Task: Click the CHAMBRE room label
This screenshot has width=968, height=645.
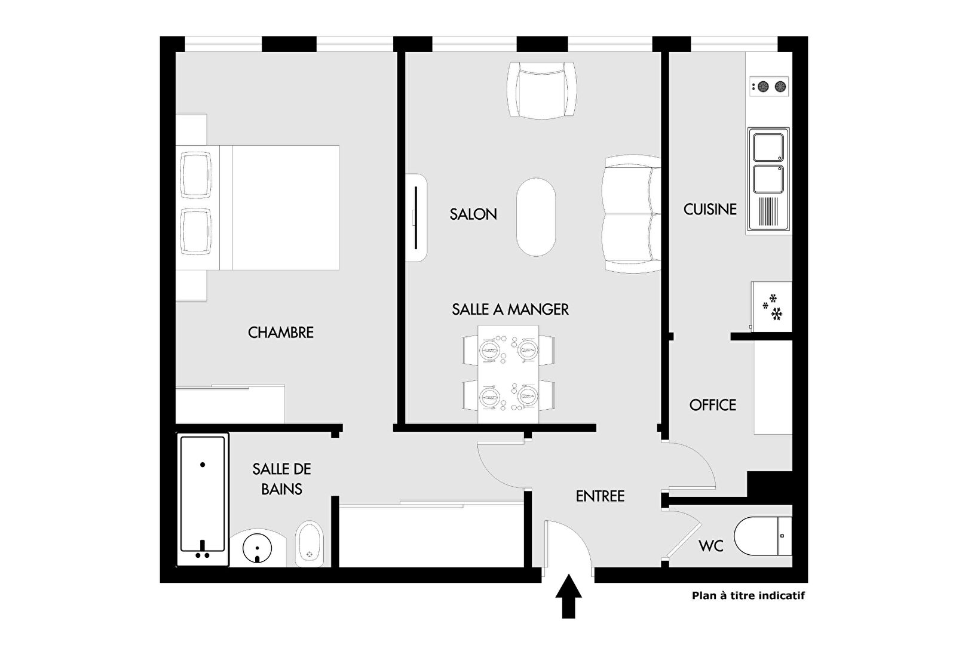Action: pos(281,333)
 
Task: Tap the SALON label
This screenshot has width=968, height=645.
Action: pos(473,214)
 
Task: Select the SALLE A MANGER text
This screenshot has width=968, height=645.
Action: pos(510,309)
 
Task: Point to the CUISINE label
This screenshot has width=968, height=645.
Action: pos(710,210)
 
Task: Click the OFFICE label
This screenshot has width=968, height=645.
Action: pos(712,406)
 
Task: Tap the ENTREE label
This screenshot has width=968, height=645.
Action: pos(600,496)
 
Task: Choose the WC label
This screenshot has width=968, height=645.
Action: pos(710,546)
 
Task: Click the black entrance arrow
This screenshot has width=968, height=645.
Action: pos(568,596)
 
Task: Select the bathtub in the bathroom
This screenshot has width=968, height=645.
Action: pos(203,499)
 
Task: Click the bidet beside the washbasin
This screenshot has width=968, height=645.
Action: pos(310,544)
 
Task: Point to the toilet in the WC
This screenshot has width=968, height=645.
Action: pos(762,536)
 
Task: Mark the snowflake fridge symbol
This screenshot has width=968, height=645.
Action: pos(772,306)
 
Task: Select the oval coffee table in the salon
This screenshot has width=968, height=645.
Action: pos(536,217)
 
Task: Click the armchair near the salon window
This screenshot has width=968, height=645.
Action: pos(541,90)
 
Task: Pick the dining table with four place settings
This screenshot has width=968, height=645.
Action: pos(508,374)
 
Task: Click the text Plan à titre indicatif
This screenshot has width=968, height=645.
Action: pos(748,595)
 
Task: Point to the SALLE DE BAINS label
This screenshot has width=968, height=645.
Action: pos(281,479)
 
